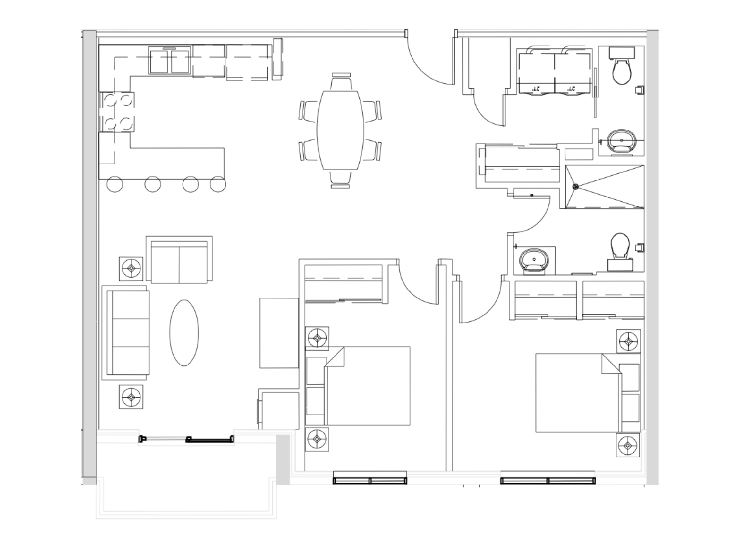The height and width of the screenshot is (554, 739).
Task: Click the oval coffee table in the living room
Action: [184, 333]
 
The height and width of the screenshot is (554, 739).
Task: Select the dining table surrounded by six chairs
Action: [340, 130]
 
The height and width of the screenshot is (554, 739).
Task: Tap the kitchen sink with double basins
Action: [169, 61]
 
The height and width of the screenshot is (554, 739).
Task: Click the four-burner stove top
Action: [117, 112]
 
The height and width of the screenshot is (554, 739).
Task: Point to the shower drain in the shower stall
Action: [575, 187]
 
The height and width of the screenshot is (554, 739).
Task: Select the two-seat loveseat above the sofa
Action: [179, 262]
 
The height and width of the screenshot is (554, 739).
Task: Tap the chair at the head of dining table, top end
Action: [341, 82]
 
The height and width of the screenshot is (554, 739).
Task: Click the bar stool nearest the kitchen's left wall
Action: [115, 184]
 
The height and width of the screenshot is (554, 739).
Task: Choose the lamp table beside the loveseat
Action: [131, 268]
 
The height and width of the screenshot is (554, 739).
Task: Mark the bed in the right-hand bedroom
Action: [578, 393]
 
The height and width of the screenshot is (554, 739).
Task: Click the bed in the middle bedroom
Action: [368, 386]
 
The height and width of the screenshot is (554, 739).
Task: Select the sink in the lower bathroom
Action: [534, 260]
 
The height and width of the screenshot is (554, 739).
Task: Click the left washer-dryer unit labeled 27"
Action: [537, 73]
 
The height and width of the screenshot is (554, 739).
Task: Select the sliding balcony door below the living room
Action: [186, 439]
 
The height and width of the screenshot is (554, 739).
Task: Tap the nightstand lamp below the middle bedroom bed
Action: [317, 439]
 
